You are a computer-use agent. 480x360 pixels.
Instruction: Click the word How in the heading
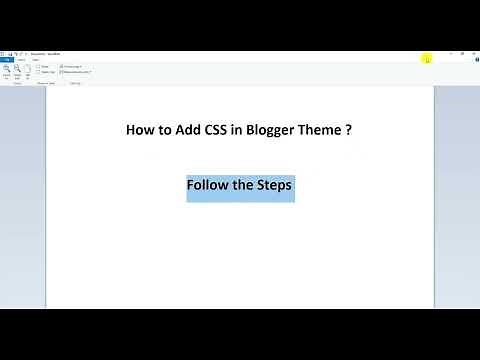coord(139,130)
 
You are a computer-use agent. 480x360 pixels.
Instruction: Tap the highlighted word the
coord(246,186)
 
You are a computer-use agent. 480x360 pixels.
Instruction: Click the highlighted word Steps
coord(277,186)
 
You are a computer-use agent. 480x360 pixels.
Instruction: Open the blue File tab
coord(7,59)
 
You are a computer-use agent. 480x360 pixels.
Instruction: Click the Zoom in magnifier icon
coord(7,70)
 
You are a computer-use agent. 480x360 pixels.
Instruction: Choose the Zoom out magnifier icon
coord(18,70)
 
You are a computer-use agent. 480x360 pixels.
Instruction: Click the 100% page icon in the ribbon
coord(28,70)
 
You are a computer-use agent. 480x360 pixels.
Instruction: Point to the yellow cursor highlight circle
coord(427,58)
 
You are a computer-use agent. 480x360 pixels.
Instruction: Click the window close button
coord(472,51)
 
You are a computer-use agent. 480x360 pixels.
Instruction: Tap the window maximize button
coord(459,51)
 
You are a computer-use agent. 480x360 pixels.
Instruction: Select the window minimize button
coord(446,51)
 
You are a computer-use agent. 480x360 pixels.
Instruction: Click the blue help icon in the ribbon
coord(474,59)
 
